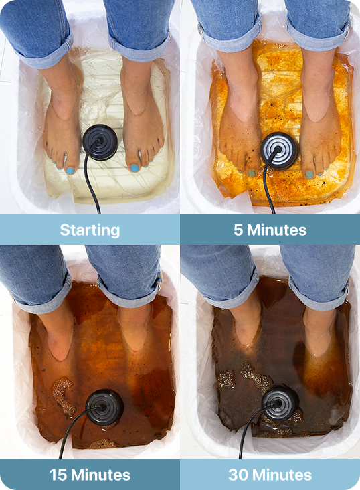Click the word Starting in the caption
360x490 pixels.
[x=90, y=230]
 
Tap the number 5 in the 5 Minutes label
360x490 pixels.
[x=238, y=230]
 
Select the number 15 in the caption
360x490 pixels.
[x=58, y=475]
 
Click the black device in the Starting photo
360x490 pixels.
[x=100, y=142]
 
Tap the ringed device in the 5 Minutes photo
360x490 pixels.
[x=279, y=151]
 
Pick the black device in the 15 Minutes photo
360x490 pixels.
[x=104, y=408]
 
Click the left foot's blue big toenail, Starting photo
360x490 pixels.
[x=70, y=171]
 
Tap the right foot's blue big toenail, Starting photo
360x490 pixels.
[x=134, y=169]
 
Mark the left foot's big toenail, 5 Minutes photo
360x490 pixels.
[x=252, y=173]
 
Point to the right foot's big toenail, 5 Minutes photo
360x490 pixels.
[x=309, y=175]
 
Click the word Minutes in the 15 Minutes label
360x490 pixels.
[x=100, y=475]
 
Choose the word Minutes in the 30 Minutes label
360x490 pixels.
[x=282, y=475]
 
